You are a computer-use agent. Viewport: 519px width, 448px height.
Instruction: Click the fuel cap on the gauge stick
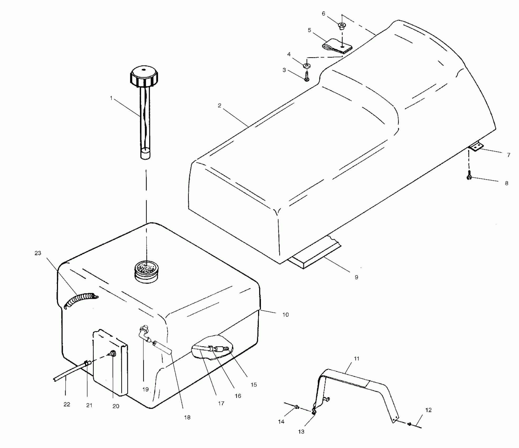click(144, 77)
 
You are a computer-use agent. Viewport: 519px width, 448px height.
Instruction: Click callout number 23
click(38, 253)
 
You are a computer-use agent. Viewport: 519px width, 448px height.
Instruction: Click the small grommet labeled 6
click(342, 26)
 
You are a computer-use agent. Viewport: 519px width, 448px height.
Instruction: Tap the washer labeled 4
click(307, 65)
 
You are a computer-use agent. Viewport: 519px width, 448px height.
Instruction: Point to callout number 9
click(356, 277)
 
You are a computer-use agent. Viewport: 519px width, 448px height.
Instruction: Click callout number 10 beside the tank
click(285, 314)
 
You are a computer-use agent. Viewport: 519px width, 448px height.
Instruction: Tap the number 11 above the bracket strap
click(356, 358)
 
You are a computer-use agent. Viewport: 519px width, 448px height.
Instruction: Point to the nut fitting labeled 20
click(113, 353)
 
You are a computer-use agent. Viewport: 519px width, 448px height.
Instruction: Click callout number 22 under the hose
click(67, 404)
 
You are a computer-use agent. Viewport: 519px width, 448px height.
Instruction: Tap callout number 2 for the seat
click(219, 105)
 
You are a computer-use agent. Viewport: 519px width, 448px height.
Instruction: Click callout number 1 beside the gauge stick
click(111, 98)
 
